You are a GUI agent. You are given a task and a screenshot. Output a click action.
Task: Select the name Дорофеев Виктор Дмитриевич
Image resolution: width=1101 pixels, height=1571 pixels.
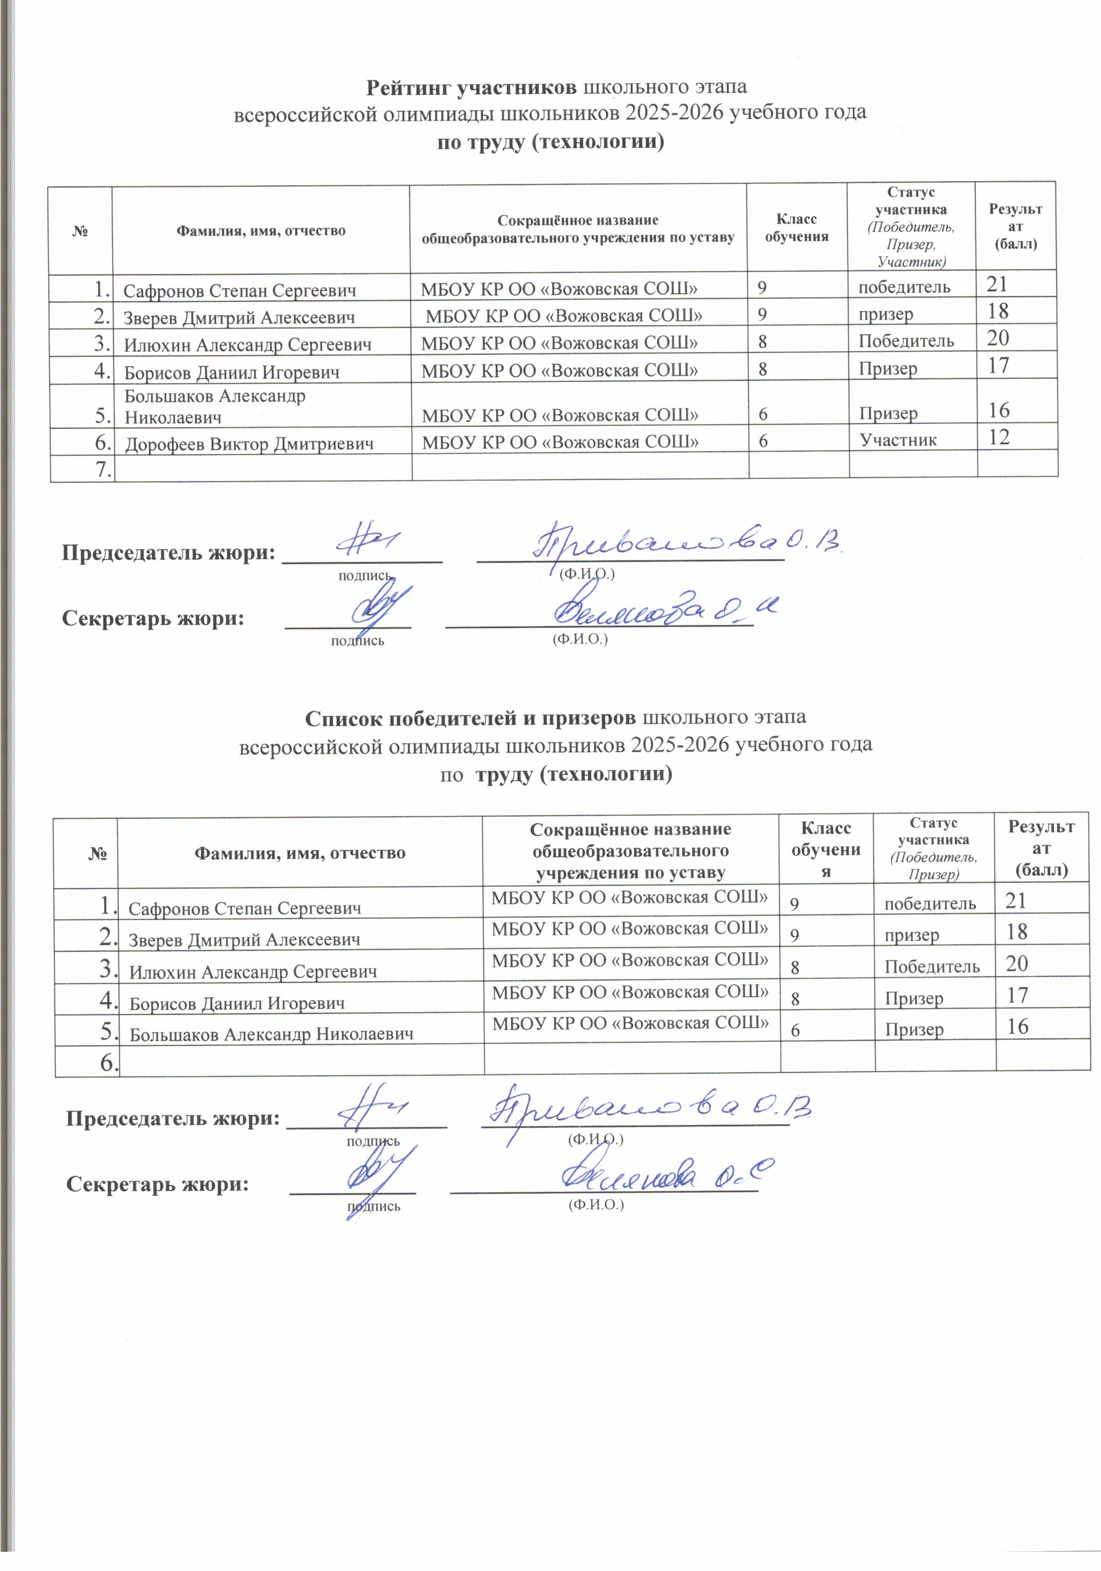pos(249,444)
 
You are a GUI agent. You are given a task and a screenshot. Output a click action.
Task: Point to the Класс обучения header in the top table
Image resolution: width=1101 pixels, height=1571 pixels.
pos(797,228)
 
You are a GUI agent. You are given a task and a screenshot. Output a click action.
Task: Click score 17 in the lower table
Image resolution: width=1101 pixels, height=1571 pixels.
pos(1017,996)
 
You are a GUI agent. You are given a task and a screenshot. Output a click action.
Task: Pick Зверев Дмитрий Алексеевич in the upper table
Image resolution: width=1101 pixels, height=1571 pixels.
pos(239,318)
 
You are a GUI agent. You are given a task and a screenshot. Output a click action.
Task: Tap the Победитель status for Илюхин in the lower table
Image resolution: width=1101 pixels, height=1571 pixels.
pos(932,966)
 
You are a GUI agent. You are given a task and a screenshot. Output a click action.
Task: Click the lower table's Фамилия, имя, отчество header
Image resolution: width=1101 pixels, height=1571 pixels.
pos(300,852)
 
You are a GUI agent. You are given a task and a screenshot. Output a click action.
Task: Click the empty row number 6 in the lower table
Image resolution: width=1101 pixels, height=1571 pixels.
pos(107,1062)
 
